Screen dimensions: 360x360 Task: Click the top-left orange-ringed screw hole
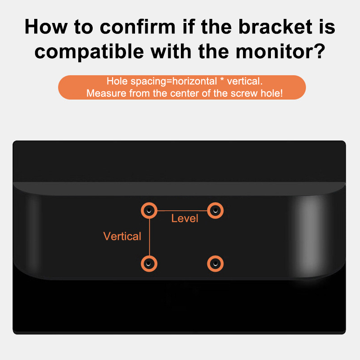tap(149, 211)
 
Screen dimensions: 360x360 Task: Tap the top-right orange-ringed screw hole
tap(216, 211)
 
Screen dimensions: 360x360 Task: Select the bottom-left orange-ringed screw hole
tap(149, 264)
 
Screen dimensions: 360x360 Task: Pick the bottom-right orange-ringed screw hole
tap(216, 264)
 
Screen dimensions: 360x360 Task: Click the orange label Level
tap(184, 218)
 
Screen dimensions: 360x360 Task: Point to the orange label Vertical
tap(122, 236)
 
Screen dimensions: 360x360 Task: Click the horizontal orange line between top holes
tap(182, 211)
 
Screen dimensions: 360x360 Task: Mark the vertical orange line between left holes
tap(149, 237)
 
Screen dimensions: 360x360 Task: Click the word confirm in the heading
tap(138, 27)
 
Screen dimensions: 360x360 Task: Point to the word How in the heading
tap(46, 27)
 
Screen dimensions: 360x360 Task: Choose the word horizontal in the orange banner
tap(195, 81)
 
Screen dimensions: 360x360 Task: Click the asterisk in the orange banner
tap(222, 80)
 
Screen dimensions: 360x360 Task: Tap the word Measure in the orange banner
tap(106, 93)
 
